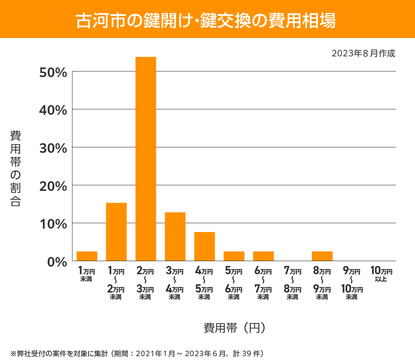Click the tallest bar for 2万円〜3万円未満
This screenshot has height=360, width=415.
(146, 159)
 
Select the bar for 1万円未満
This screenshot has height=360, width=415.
(87, 256)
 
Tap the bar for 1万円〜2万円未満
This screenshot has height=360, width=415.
(116, 232)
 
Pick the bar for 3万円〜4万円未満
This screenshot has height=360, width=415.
(175, 237)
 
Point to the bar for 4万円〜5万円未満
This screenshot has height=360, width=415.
(204, 246)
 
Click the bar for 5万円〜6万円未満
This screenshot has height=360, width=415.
(234, 256)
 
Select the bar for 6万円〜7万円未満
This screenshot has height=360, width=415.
(263, 256)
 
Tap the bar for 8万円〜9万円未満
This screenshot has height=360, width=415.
(322, 256)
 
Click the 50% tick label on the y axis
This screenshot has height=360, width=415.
(53, 73)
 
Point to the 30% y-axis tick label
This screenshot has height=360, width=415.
(53, 148)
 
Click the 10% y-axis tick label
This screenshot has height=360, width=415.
(53, 224)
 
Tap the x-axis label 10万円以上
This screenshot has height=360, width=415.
(381, 274)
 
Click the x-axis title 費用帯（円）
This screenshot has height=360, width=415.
(234, 327)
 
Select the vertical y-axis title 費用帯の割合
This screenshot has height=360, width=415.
(16, 168)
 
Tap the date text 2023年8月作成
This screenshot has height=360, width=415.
(363, 54)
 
